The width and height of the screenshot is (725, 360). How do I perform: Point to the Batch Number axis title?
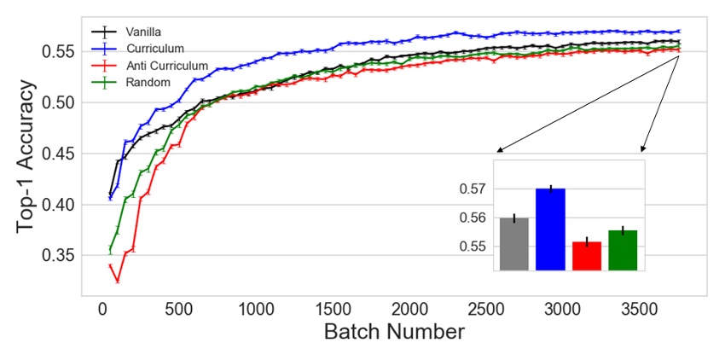pos(394,331)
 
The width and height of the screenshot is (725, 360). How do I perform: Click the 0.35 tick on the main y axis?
pos(57,256)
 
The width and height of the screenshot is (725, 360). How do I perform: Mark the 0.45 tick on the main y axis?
pos(57,154)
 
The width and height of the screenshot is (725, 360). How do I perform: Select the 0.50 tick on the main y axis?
pos(57,102)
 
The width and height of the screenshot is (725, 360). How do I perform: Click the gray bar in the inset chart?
pos(514,244)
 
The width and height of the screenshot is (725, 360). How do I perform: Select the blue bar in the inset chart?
pos(550,229)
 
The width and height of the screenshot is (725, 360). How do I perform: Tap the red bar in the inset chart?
pos(587,256)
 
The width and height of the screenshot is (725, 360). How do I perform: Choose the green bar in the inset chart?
pos(623,250)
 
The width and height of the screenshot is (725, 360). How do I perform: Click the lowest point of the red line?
pos(118,281)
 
